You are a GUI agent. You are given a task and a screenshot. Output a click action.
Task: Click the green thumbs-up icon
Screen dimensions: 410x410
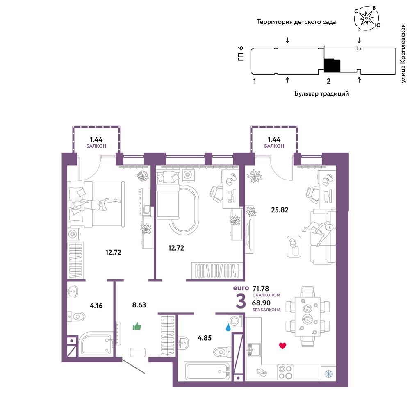[137, 326]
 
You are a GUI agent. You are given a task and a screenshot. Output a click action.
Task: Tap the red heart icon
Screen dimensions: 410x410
[282, 346]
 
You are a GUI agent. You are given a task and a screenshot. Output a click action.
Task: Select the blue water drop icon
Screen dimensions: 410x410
[228, 328]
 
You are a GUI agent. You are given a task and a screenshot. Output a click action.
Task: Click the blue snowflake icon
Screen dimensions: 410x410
[328, 374]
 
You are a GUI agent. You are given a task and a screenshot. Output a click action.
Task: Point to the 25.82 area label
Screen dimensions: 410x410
[280, 210]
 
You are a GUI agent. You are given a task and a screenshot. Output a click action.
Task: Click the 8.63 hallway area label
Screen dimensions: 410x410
[139, 305]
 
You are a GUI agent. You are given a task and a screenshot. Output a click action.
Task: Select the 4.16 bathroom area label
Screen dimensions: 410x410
[96, 305]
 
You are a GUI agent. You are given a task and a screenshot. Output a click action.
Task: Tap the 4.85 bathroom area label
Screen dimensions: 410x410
[204, 338]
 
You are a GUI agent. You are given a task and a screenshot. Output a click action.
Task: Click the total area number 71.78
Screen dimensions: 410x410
[261, 288]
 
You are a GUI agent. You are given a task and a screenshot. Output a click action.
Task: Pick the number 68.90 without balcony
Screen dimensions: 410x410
[261, 303]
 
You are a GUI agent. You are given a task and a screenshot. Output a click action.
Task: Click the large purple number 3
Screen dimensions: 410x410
[241, 301]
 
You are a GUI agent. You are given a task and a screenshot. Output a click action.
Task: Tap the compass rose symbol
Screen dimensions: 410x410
[367, 18]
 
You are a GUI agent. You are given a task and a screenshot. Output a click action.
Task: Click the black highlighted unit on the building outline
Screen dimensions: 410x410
[332, 65]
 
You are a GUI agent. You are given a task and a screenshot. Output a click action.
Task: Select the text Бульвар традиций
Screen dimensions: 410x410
[321, 93]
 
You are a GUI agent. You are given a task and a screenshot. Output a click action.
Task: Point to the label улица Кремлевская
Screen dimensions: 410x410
[403, 54]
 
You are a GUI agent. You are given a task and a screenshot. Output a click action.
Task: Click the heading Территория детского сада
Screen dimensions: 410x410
[296, 22]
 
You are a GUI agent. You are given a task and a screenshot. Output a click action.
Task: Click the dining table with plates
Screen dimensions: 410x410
[307, 317]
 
